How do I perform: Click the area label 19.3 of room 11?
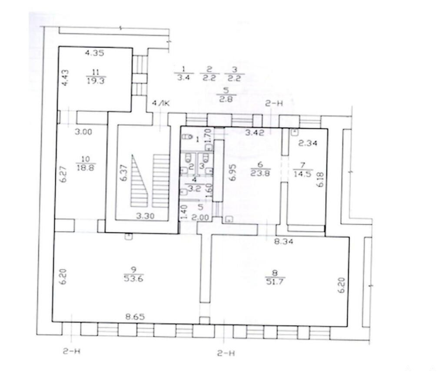(x=96, y=81)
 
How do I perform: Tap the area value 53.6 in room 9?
(x=134, y=279)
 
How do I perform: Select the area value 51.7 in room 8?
(x=275, y=282)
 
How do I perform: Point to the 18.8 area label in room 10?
(x=86, y=167)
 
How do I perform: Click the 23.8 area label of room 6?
(x=260, y=173)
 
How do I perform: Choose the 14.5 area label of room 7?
(x=302, y=174)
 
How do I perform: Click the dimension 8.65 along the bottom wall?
(x=135, y=317)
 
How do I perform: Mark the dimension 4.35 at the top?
(x=95, y=53)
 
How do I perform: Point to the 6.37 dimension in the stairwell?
(x=124, y=173)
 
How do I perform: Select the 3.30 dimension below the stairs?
(x=145, y=216)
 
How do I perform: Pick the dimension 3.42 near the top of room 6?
(x=255, y=132)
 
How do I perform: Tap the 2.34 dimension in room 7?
(x=308, y=143)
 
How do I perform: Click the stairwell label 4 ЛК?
(x=161, y=103)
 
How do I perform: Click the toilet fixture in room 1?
(x=187, y=137)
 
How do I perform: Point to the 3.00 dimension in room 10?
(x=83, y=132)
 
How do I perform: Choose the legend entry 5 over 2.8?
(x=226, y=95)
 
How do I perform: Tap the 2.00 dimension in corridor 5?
(x=200, y=218)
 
